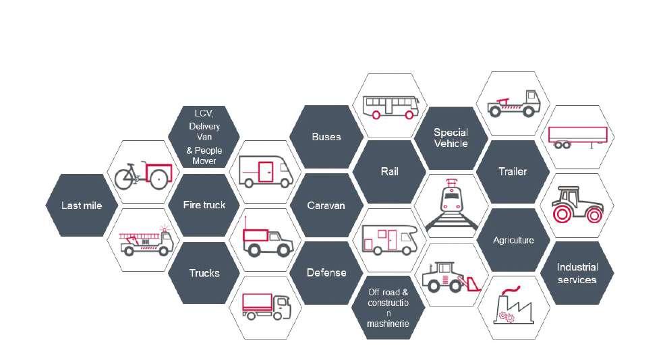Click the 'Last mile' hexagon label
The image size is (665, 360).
coord(82,206)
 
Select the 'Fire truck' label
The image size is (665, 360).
coord(204,205)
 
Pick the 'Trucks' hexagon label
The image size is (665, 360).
coord(204,273)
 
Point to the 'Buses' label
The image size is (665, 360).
coord(326,137)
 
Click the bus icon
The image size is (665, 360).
coord(391,107)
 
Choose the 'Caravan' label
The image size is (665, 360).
coord(326,206)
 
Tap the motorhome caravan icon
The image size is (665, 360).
coord(391,239)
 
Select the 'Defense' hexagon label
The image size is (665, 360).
coord(326,273)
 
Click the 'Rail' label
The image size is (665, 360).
coord(390,171)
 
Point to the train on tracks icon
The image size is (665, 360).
coord(451,205)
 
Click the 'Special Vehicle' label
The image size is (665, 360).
coord(451,138)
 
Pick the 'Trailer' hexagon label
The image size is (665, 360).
coord(513,171)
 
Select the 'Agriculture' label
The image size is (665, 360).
coord(513,240)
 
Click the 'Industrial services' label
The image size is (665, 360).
coord(577,274)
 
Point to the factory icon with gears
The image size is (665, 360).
coord(513,307)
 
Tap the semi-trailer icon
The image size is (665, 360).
coord(577,137)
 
